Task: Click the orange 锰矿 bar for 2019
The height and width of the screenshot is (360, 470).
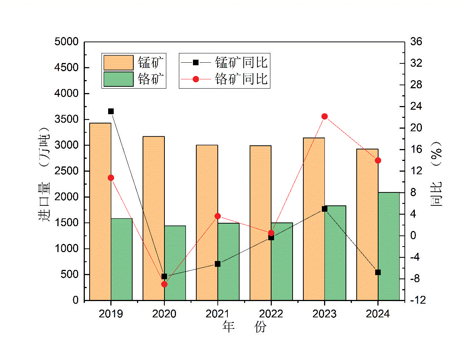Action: pyautogui.click(x=100, y=211)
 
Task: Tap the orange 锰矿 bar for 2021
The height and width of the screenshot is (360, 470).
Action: pyautogui.click(x=207, y=222)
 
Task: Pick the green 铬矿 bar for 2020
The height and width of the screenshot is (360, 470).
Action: pyautogui.click(x=175, y=263)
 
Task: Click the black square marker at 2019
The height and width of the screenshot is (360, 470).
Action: pyautogui.click(x=111, y=111)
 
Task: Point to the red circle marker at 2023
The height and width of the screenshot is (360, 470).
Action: pyautogui.click(x=325, y=116)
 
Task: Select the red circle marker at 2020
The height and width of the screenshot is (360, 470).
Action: pyautogui.click(x=164, y=284)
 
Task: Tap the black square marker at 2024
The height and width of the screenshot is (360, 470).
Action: pyautogui.click(x=378, y=273)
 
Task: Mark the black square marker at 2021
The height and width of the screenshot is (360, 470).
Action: pyautogui.click(x=218, y=264)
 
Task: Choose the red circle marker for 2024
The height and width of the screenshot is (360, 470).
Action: pyautogui.click(x=378, y=161)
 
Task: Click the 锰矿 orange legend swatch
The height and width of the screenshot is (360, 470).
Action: pyautogui.click(x=118, y=63)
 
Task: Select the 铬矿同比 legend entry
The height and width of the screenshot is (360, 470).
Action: pyautogui.click(x=224, y=79)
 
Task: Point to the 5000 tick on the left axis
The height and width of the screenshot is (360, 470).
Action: pyautogui.click(x=67, y=42)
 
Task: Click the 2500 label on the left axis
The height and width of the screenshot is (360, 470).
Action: pyautogui.click(x=67, y=171)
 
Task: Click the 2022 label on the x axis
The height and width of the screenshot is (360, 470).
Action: pyautogui.click(x=271, y=314)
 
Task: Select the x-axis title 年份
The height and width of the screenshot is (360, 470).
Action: pyautogui.click(x=244, y=327)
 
